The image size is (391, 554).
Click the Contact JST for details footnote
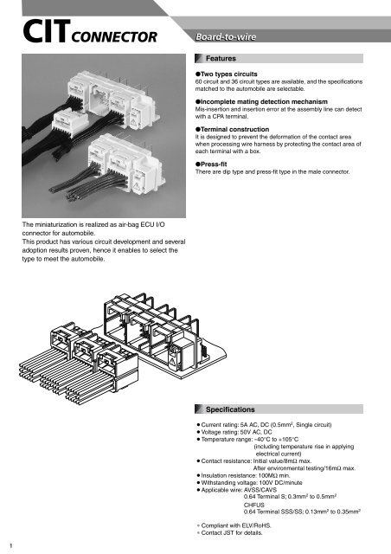pos(239,535)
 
